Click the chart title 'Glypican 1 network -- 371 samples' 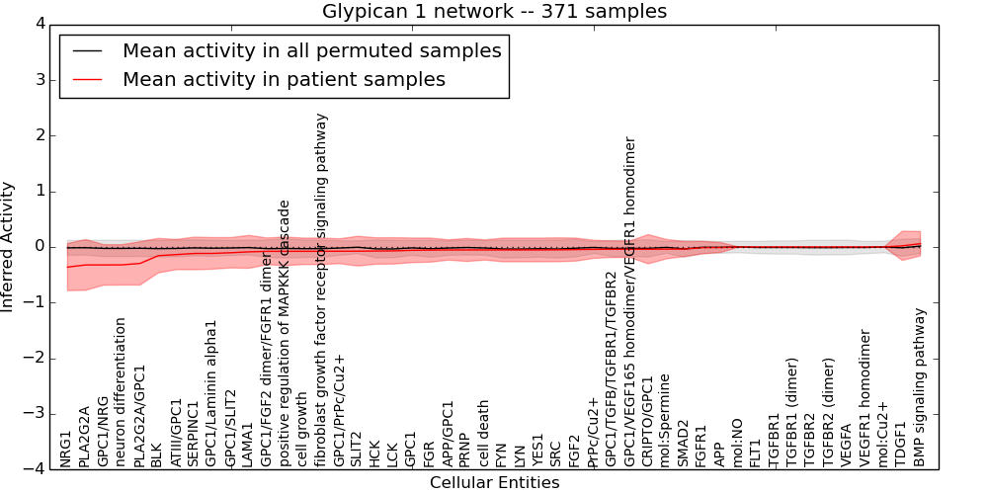(x=494, y=12)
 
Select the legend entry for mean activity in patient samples (x=284, y=79)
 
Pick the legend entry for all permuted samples (x=311, y=51)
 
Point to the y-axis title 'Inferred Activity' (x=9, y=247)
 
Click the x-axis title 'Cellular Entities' (x=494, y=483)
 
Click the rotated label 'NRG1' (x=66, y=449)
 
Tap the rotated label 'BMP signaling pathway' (x=920, y=387)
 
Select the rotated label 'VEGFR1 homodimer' (x=865, y=398)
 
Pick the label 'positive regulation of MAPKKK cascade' (x=285, y=333)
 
